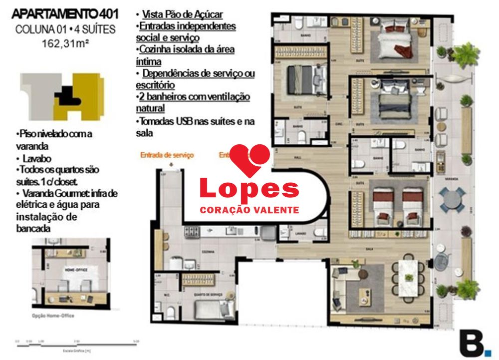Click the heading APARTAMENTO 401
click(x=65, y=14)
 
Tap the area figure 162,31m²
click(x=65, y=43)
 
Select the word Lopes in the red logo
click(x=249, y=190)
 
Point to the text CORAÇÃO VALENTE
click(x=249, y=210)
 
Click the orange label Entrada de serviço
click(x=167, y=155)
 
